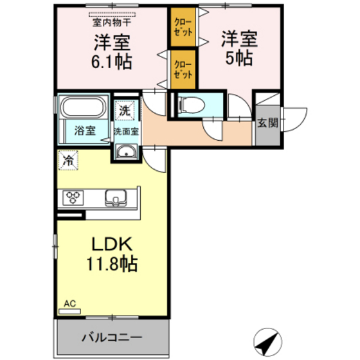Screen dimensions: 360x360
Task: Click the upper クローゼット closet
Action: tap(183, 26)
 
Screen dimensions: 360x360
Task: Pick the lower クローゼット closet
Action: tap(183, 69)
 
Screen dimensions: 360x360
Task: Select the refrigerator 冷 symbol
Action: tap(67, 161)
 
